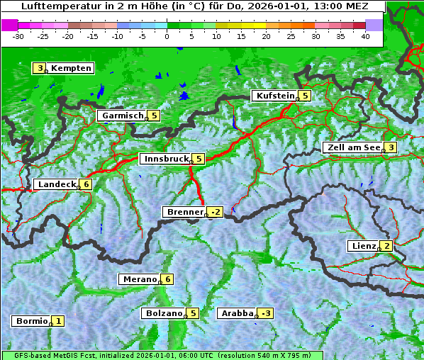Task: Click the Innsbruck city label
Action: [164, 159]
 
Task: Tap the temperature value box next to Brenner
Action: [216, 212]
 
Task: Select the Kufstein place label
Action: [274, 96]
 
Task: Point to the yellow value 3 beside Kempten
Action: [40, 68]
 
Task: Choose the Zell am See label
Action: [352, 147]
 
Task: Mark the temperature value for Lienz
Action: [387, 246]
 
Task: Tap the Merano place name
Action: [138, 279]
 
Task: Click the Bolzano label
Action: [163, 313]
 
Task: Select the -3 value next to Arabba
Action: [266, 313]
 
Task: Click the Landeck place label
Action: [56, 184]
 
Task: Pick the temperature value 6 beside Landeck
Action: [86, 184]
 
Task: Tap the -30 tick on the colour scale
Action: [18, 36]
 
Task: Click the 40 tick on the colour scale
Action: [365, 36]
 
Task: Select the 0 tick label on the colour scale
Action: [167, 36]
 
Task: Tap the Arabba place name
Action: [236, 313]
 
